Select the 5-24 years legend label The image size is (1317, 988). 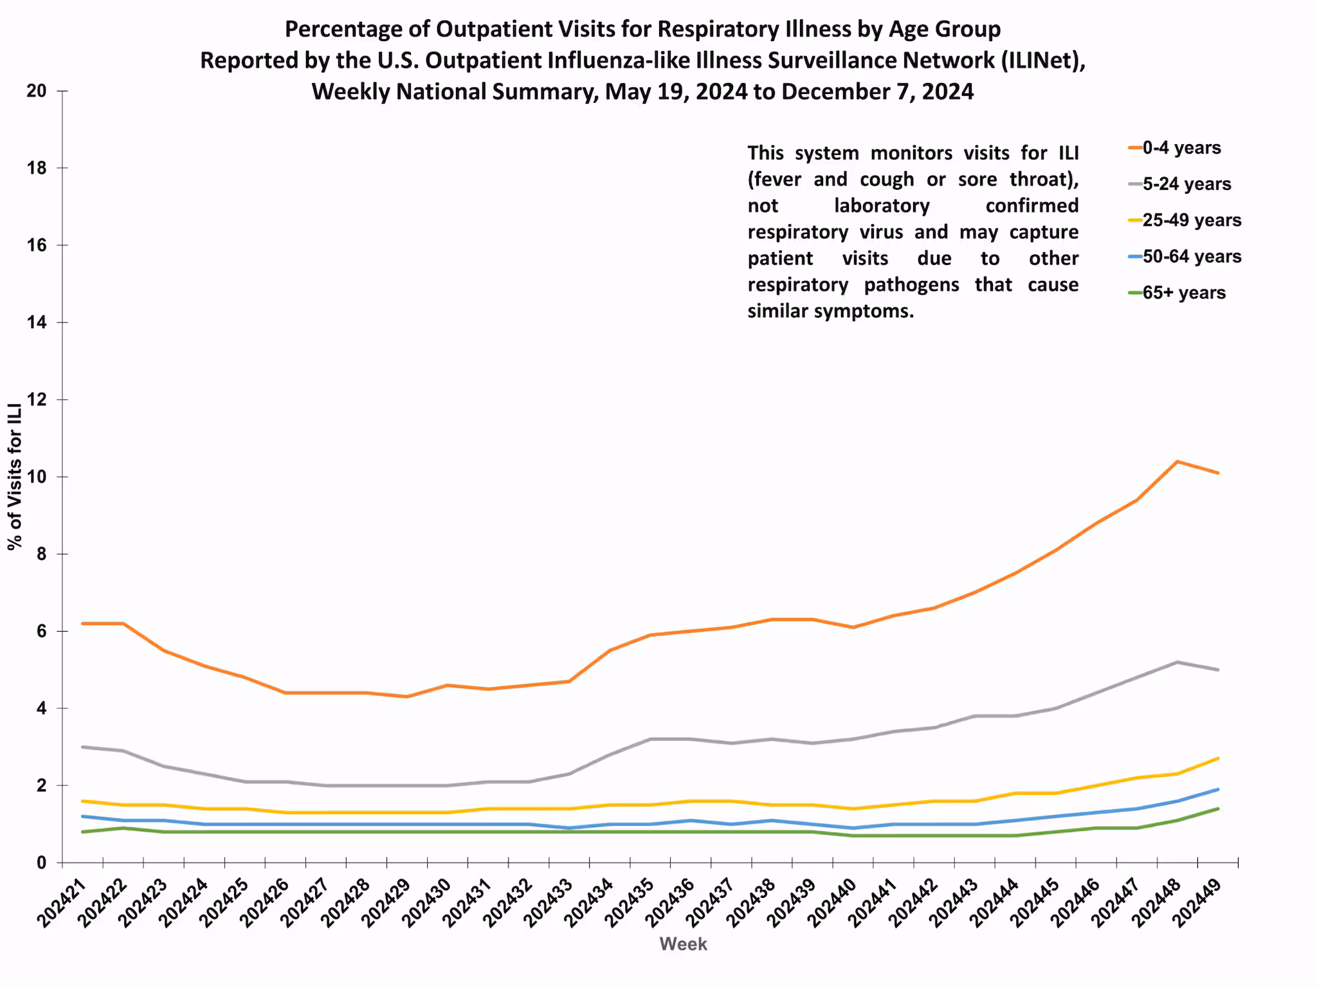click(1186, 184)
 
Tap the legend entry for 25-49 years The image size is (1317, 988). click(1191, 220)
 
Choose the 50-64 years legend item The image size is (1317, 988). click(1191, 256)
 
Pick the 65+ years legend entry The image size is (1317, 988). click(1183, 293)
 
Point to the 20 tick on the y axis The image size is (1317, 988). click(37, 91)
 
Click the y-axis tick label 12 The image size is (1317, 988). click(37, 400)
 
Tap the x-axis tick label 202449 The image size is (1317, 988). click(1197, 903)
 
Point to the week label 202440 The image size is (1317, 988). click(833, 903)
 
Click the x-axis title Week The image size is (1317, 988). click(683, 944)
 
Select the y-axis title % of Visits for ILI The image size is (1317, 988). click(15, 477)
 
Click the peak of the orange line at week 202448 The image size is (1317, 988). click(1177, 461)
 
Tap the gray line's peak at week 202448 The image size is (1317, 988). click(1177, 662)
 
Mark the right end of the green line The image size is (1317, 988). click(1217, 809)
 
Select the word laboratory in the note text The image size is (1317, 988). click(882, 206)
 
